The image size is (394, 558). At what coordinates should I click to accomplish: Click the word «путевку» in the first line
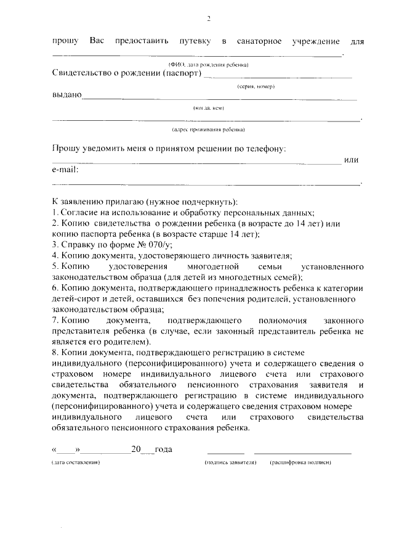195,41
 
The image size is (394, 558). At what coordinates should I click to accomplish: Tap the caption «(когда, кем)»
208,108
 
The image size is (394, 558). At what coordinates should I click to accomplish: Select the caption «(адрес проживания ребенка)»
208,129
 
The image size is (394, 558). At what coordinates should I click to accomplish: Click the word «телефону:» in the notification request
266,149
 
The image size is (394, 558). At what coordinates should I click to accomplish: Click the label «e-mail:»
66,170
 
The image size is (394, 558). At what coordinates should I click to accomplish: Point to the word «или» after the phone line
352,160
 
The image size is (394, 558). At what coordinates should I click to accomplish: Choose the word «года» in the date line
163,449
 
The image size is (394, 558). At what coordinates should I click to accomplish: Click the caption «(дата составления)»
76,462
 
